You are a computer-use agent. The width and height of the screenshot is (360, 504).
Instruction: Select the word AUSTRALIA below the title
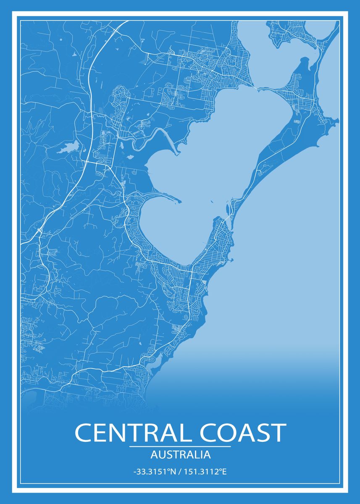180,454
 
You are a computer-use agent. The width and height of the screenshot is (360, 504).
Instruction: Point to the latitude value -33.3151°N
154,472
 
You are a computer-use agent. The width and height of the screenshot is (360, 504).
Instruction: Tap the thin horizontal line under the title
180,446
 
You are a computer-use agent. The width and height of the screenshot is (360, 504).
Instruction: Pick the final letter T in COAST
278,433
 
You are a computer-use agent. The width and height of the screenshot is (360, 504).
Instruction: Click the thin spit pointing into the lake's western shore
168,197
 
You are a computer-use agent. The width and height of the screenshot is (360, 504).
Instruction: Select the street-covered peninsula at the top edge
290,31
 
